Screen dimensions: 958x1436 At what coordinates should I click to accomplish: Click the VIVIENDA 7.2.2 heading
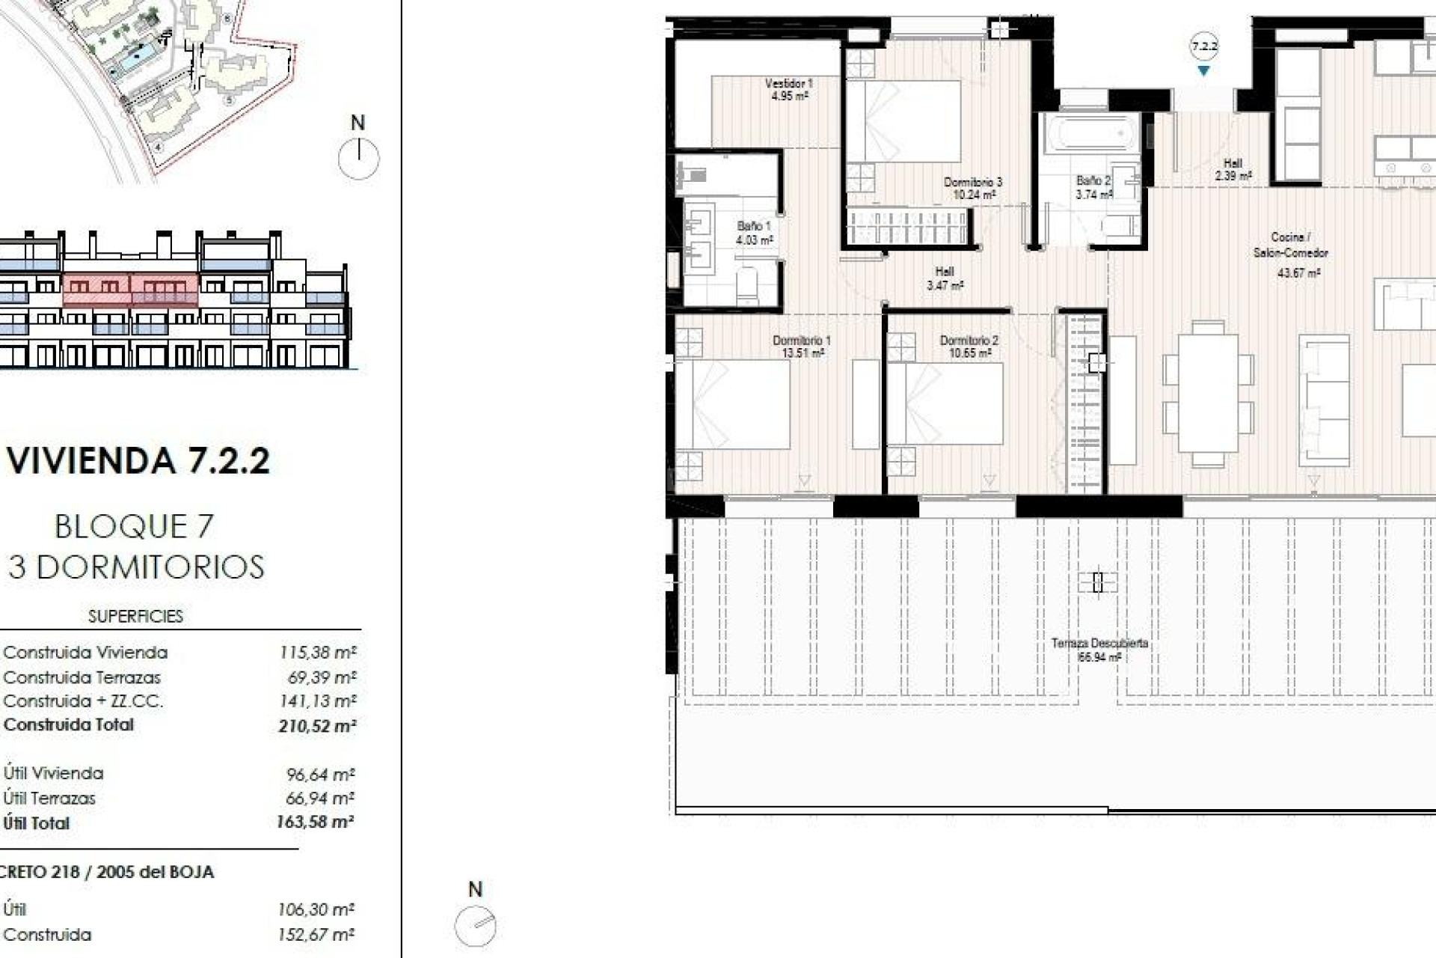tap(138, 460)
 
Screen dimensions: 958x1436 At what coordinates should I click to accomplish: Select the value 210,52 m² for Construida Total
tap(317, 725)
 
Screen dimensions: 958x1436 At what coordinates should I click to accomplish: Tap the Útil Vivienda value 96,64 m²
tap(320, 774)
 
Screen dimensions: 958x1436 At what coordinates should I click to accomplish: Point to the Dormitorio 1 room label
tap(802, 346)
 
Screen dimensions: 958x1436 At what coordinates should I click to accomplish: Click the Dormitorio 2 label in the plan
tap(969, 346)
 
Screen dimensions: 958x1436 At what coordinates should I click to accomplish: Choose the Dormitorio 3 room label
tap(972, 188)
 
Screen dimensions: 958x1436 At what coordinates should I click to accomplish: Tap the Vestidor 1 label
tap(788, 89)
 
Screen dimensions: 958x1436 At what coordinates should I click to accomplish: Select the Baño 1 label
tap(753, 232)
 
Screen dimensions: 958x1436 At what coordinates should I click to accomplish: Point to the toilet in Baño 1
tap(747, 284)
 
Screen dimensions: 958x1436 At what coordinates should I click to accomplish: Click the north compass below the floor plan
tap(476, 926)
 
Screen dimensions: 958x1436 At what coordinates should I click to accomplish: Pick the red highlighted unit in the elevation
tap(130, 290)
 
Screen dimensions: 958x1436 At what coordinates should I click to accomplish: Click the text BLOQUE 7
tap(135, 527)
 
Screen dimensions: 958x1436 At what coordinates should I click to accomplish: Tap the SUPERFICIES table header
tap(135, 616)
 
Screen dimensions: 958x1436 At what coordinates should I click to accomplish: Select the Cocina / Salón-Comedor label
tap(1291, 245)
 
